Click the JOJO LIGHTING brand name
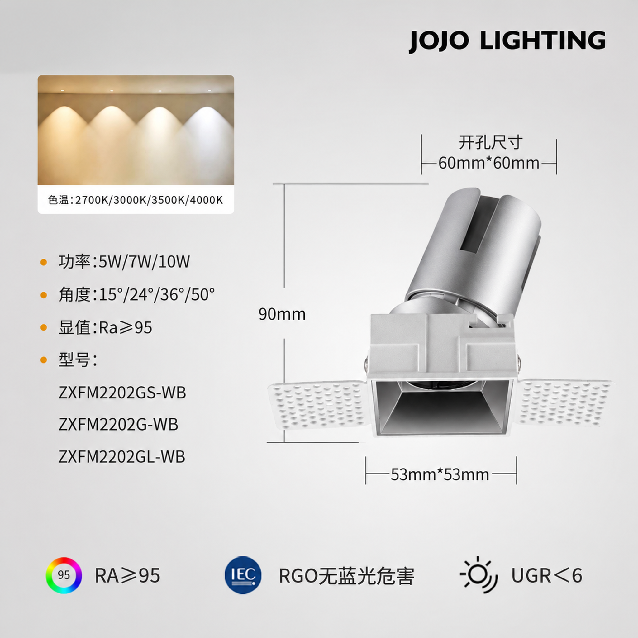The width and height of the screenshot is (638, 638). tap(507, 41)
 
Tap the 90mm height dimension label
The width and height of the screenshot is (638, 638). tap(282, 314)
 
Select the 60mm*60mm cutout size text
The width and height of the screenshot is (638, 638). tap(489, 163)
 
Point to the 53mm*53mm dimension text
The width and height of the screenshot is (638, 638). tap(440, 474)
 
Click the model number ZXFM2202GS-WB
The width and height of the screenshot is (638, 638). tap(122, 393)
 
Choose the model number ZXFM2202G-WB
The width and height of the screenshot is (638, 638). tap(118, 424)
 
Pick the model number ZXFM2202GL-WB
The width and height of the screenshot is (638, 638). tap(122, 457)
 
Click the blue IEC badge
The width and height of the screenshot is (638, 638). tap(243, 575)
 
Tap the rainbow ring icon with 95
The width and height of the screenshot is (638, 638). tap(64, 575)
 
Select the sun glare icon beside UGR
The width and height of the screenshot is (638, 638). tap(479, 575)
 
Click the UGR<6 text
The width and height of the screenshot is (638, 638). tap(547, 576)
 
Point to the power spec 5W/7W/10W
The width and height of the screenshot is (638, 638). tap(144, 262)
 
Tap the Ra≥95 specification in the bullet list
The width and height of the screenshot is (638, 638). tap(126, 328)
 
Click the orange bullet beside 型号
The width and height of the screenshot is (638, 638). tap(44, 359)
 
